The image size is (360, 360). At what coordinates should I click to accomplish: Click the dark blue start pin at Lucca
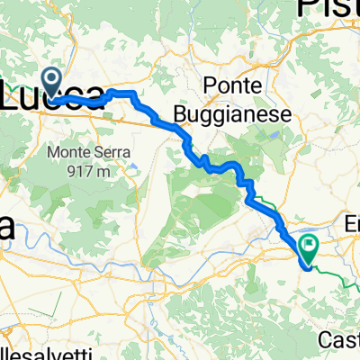tap(53, 83)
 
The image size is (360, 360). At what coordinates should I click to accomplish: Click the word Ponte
tap(232, 85)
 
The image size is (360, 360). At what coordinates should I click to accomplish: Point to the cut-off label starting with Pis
tap(328, 12)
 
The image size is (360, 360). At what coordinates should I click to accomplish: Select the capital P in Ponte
tap(211, 85)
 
